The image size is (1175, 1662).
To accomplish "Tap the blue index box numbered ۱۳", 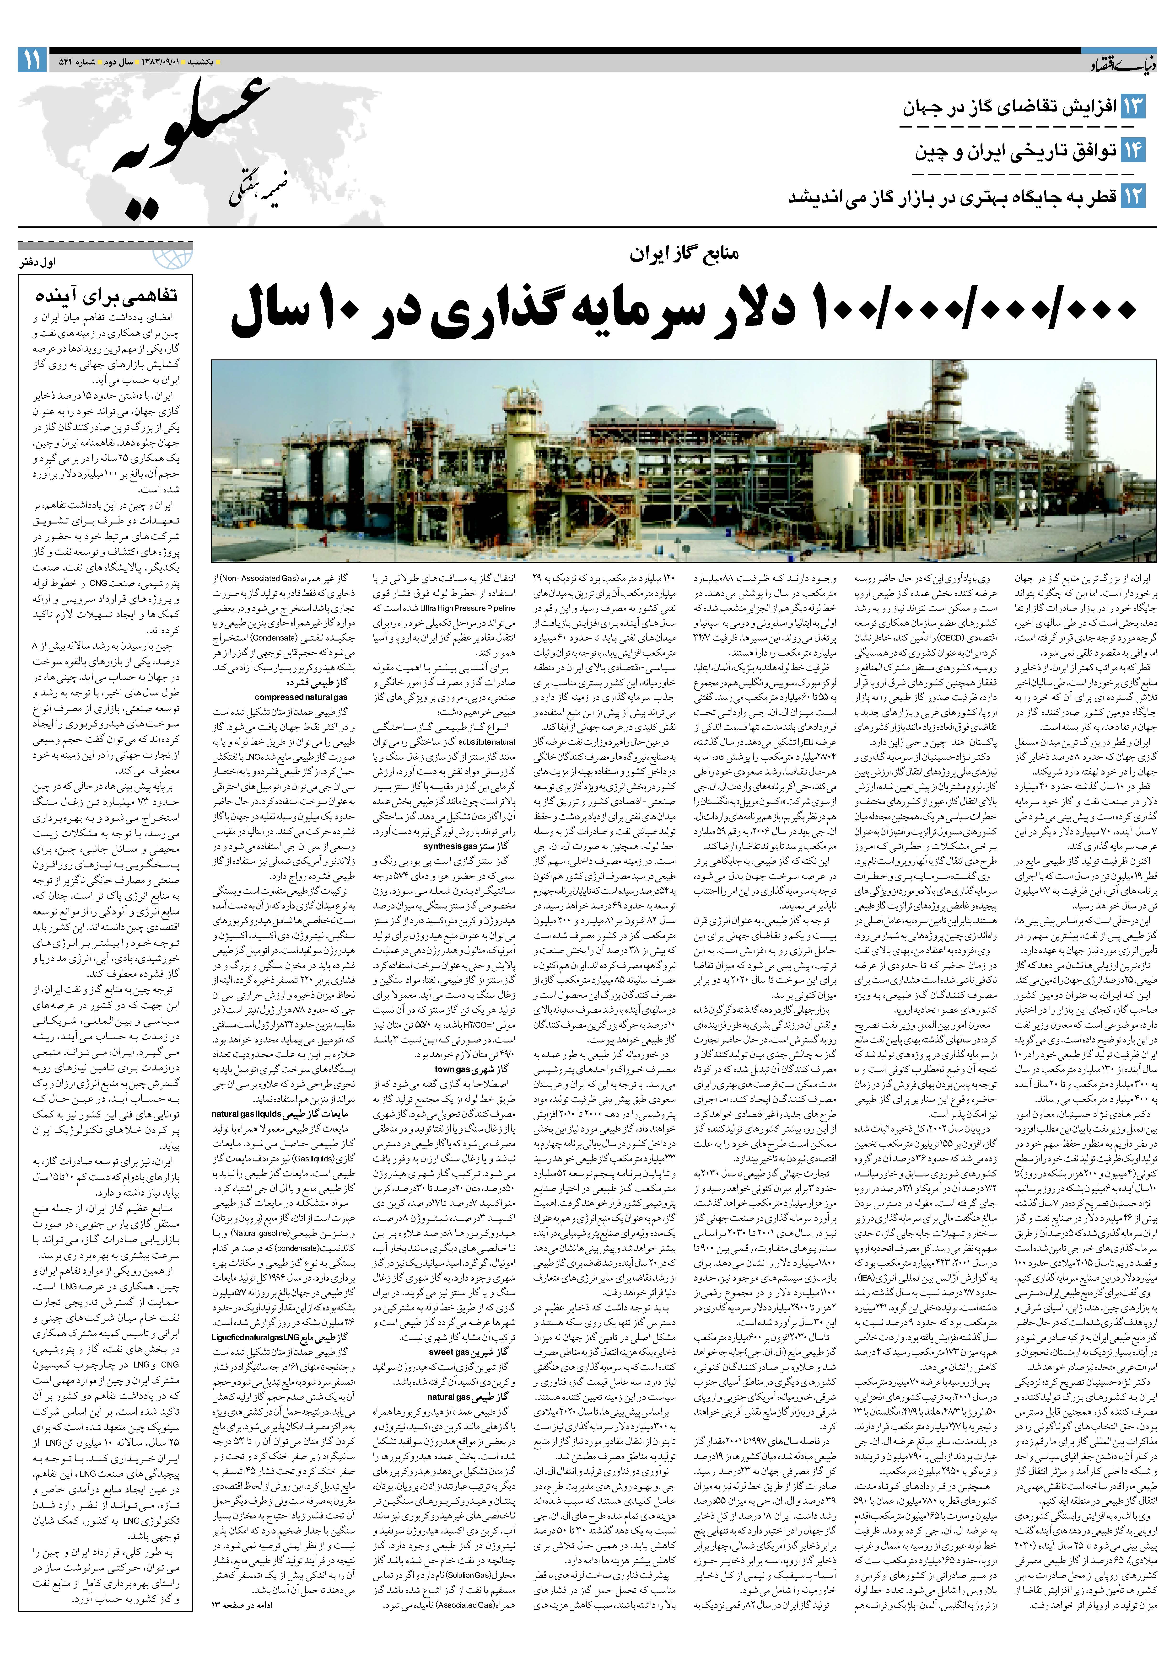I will pos(1133,107).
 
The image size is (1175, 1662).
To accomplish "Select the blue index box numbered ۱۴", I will pos(1133,150).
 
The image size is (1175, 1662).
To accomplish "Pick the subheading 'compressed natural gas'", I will pos(301,697).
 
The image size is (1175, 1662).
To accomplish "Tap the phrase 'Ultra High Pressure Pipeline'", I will pos(467,608).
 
